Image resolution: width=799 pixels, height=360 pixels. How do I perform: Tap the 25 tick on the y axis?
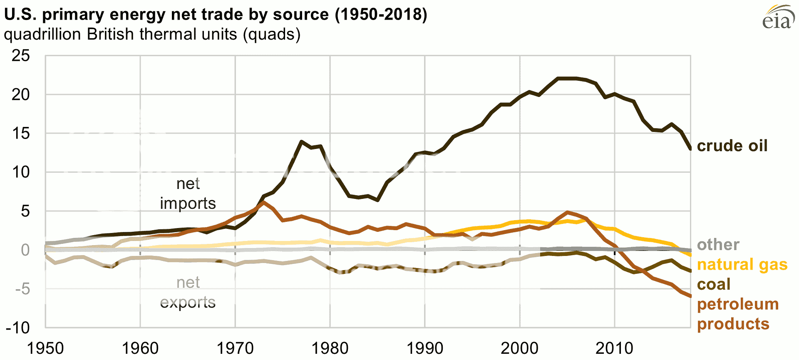[21, 56]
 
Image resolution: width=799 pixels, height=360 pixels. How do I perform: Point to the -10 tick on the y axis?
[18, 328]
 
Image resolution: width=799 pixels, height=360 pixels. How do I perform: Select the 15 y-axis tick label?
[21, 134]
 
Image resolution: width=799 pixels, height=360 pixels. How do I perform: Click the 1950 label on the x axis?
[45, 348]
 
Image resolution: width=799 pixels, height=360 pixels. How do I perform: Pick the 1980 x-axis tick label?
[330, 348]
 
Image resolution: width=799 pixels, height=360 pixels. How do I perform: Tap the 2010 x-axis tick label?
[614, 348]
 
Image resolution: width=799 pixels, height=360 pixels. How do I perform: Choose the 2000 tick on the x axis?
[519, 348]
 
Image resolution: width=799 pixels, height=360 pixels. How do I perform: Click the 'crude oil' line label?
[732, 146]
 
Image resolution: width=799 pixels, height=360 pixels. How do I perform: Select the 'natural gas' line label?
[742, 265]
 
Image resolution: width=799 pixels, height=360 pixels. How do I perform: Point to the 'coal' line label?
[714, 285]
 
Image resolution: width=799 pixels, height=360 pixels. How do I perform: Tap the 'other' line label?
[718, 245]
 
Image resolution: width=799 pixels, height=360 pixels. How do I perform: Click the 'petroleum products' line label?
[737, 314]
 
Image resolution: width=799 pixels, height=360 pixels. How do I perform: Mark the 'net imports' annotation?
[188, 194]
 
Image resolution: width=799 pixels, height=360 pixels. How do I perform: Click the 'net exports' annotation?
[188, 292]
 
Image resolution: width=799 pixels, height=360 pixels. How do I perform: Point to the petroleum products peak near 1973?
[263, 203]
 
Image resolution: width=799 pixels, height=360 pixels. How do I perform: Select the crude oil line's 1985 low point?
[377, 200]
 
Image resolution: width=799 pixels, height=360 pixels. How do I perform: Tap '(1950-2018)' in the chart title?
[381, 15]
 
